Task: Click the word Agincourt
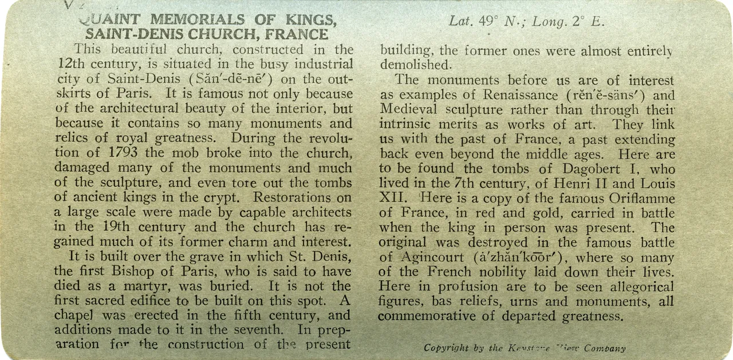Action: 436,257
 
